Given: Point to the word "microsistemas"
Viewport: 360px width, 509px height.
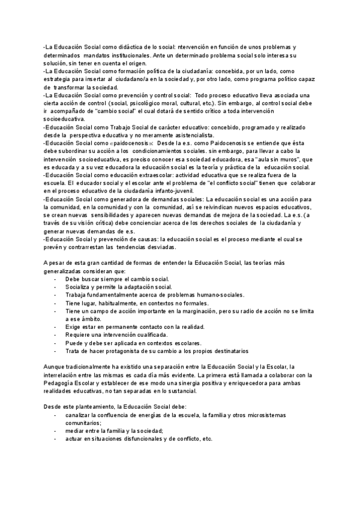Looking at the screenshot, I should tap(265, 415).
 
